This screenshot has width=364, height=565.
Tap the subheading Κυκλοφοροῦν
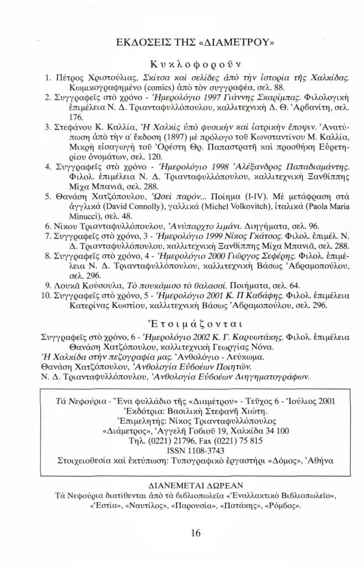[183, 62]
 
